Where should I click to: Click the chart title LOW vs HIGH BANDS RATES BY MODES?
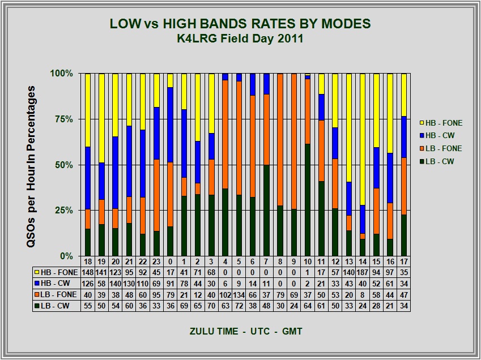[240, 24]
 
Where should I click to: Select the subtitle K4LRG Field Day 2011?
[240, 39]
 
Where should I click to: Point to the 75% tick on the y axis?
[63, 119]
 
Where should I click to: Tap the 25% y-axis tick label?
[63, 211]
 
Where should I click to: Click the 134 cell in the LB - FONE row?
[239, 295]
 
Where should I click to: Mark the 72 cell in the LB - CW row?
[239, 306]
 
